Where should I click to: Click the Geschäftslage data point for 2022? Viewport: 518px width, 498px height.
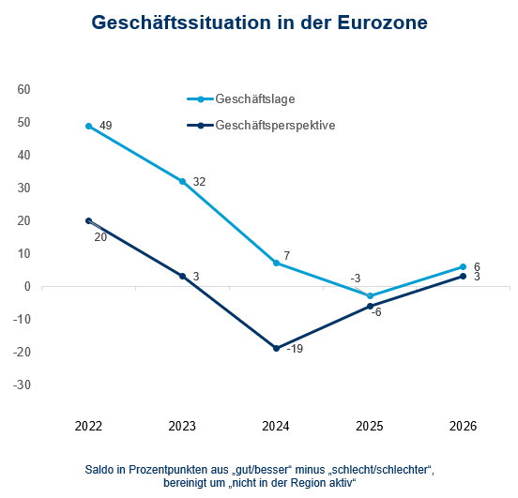click(88, 126)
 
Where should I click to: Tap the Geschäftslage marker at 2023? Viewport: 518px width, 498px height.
click(182, 181)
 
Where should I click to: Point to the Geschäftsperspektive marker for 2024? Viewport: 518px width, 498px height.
click(276, 348)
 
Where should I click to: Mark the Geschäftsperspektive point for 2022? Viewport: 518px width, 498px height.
click(88, 220)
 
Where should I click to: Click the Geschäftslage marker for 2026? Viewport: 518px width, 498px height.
click(464, 266)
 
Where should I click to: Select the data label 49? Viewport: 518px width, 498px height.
click(105, 126)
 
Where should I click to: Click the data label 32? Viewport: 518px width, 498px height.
click(199, 182)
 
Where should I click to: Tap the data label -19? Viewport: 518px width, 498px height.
click(295, 350)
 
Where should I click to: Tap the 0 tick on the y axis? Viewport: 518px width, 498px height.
click(28, 286)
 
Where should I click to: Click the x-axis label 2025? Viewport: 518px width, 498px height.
click(370, 426)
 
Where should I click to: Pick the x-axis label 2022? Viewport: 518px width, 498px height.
click(88, 426)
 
